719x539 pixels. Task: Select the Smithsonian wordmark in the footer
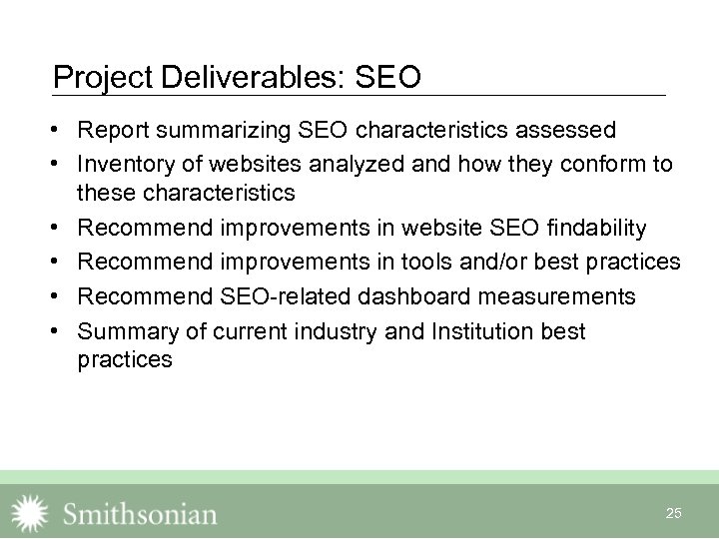pos(140,513)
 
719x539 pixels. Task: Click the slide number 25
pos(673,513)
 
